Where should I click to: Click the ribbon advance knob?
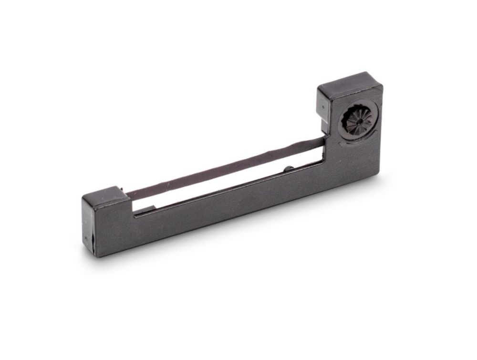(x=357, y=119)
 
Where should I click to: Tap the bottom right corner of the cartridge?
(x=380, y=174)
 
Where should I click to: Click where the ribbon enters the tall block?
(x=322, y=140)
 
